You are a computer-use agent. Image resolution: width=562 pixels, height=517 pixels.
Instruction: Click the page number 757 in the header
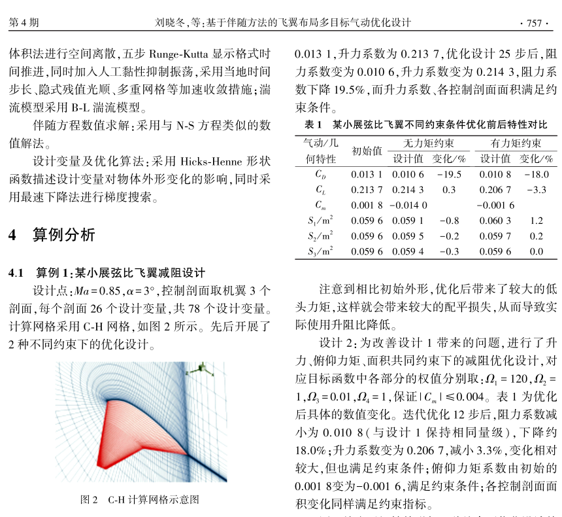click(534, 24)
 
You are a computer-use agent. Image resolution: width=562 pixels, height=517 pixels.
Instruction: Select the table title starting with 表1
click(426, 124)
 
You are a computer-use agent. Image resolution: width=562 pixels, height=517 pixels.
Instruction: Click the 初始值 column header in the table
click(367, 151)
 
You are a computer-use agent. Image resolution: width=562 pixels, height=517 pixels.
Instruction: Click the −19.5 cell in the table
click(449, 175)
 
